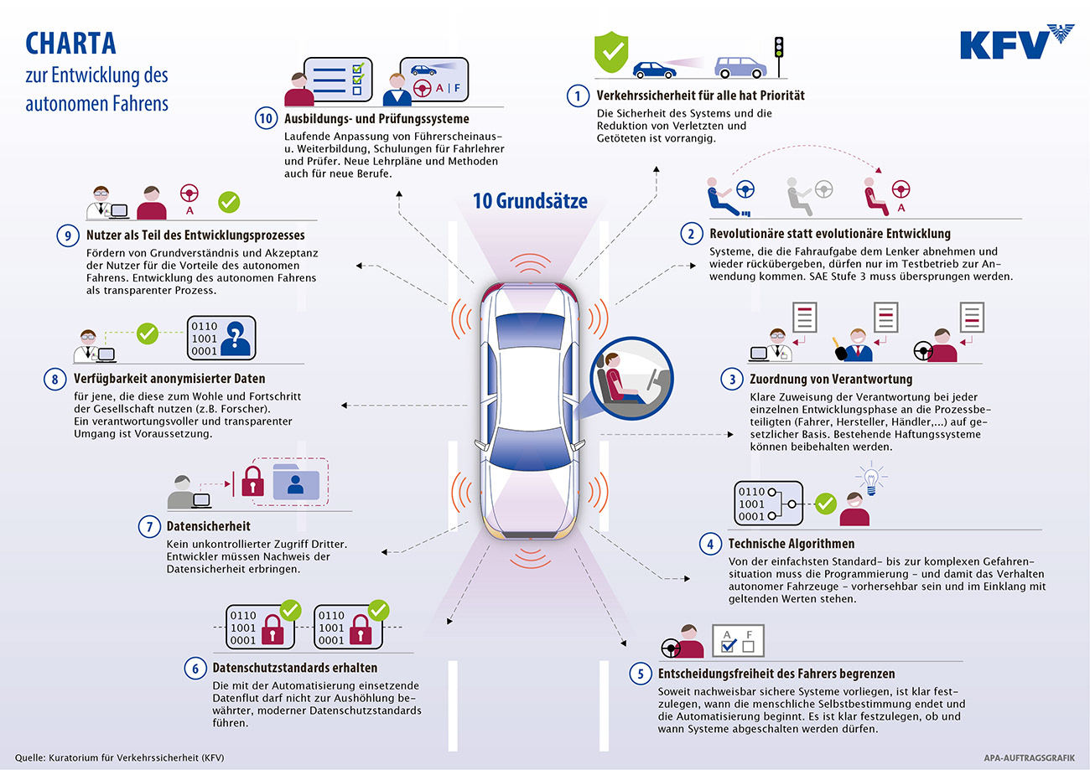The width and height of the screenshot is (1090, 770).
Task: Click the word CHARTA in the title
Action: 71,44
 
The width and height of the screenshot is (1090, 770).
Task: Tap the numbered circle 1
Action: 577,96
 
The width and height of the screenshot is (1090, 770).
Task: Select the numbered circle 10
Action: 267,119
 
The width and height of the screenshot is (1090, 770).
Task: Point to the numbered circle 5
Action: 640,674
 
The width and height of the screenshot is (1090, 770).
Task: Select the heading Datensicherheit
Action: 208,526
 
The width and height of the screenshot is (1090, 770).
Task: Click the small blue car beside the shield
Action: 654,70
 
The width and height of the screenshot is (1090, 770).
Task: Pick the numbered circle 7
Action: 148,527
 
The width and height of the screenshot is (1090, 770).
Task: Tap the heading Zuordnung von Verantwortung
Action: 820,380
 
